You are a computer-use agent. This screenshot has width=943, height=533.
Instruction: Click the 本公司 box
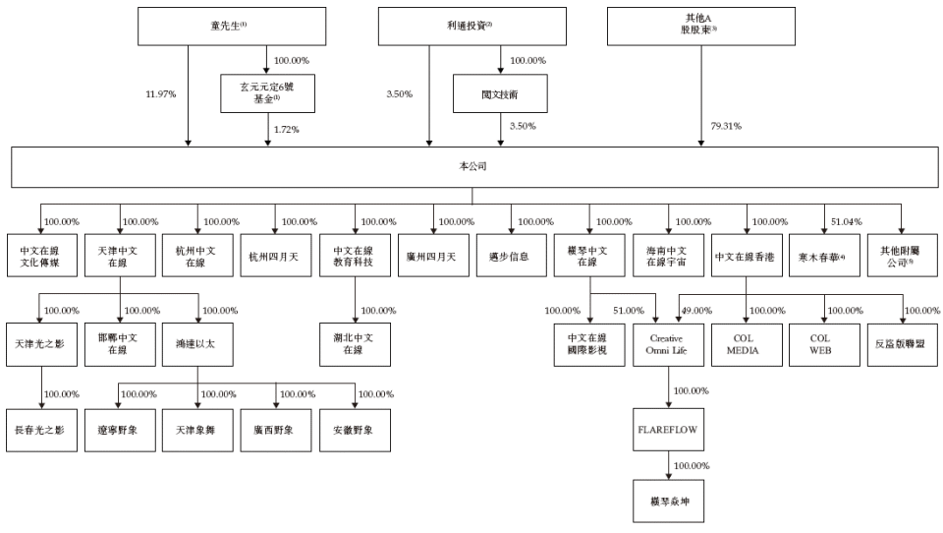click(x=471, y=167)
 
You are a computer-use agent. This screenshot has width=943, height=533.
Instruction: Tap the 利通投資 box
click(x=471, y=27)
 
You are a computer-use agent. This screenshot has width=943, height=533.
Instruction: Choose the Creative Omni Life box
click(x=668, y=343)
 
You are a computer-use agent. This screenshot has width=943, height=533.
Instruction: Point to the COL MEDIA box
click(x=747, y=343)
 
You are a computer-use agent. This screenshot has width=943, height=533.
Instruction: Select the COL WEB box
click(x=825, y=343)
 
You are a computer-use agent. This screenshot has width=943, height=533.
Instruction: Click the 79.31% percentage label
click(x=725, y=126)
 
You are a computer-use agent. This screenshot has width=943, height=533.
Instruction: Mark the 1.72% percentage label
click(x=285, y=129)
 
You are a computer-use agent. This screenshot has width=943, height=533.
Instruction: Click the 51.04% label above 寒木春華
click(x=846, y=221)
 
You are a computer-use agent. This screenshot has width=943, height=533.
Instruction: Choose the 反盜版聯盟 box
click(x=904, y=343)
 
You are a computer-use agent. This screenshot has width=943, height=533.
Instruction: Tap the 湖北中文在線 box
click(x=355, y=343)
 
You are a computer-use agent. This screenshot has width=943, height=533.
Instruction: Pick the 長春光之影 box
click(x=40, y=430)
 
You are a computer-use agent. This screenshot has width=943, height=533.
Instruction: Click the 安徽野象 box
click(x=355, y=430)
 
